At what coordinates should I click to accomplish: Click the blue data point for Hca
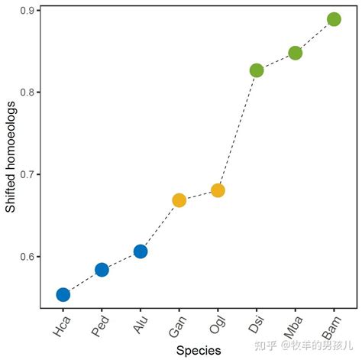click(x=63, y=294)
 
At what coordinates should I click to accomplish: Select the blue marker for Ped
click(x=102, y=270)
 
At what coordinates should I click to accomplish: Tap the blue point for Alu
click(x=141, y=251)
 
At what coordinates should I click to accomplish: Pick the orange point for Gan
click(x=179, y=200)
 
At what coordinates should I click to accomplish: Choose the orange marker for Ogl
click(x=218, y=190)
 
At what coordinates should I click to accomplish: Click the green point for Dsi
click(x=257, y=70)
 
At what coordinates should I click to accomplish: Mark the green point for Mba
click(x=295, y=53)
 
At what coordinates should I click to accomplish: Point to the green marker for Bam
click(x=334, y=19)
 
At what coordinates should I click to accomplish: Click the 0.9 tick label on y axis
click(x=26, y=11)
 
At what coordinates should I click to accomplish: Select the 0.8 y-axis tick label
click(x=26, y=92)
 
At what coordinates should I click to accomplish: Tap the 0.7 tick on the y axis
click(x=26, y=174)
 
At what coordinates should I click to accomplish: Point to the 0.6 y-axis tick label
click(x=26, y=256)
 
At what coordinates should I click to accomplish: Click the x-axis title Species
click(x=198, y=350)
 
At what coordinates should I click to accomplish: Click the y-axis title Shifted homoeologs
click(x=11, y=160)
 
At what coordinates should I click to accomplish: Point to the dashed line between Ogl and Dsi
click(x=238, y=130)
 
